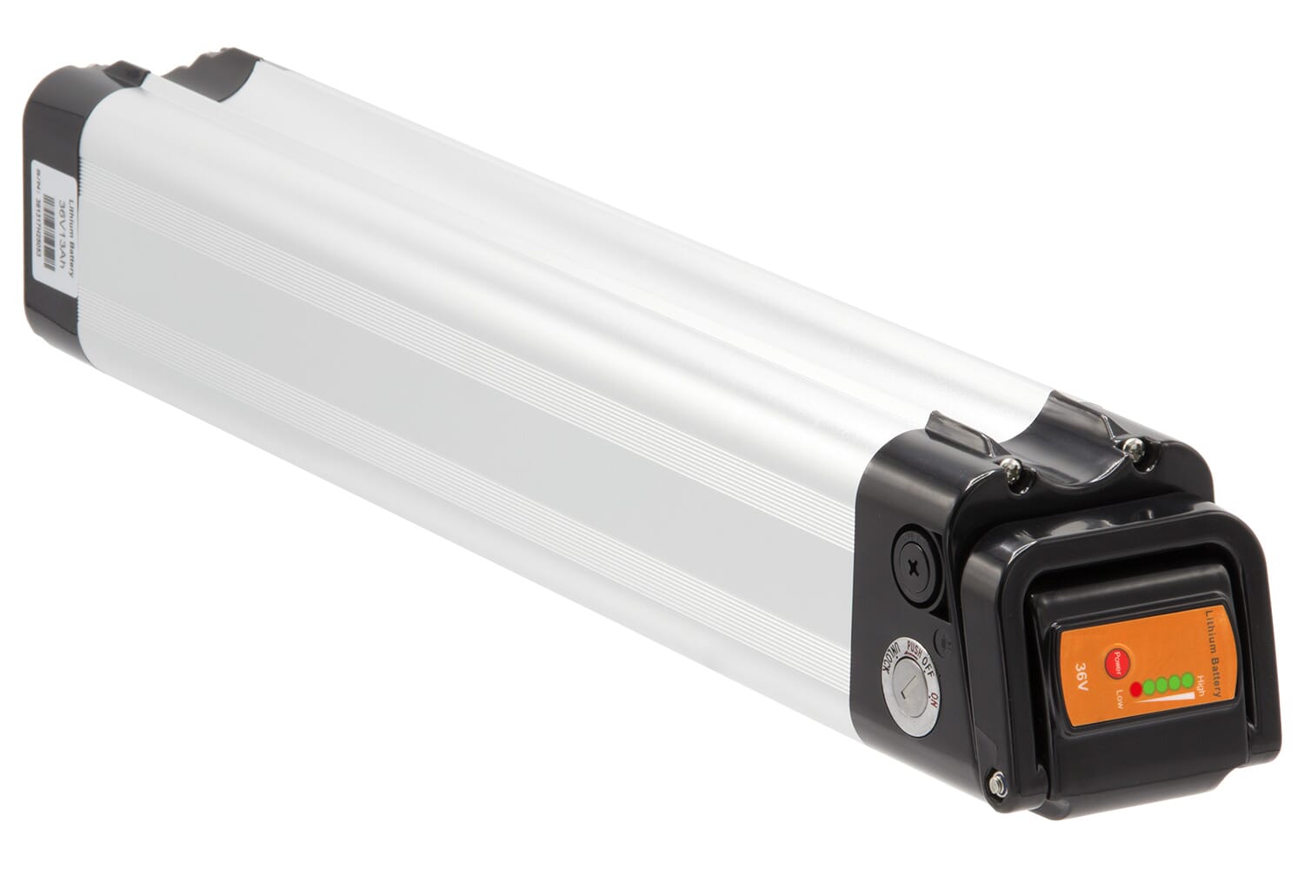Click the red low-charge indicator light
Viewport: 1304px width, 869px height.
pos(1135,689)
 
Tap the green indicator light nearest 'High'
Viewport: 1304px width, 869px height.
pos(1188,680)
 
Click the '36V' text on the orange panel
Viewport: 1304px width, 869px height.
pos(1082,673)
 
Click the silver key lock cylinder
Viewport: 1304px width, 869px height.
pos(909,690)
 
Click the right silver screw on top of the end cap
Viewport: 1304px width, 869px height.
pos(1133,445)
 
